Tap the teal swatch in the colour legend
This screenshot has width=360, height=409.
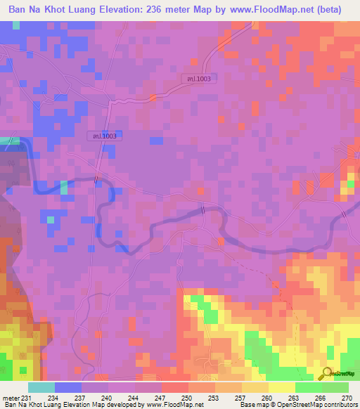(x=41, y=387)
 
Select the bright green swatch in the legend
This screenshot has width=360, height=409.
(x=308, y=387)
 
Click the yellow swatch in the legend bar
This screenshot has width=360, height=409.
(x=281, y=387)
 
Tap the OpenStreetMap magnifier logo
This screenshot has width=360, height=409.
(x=327, y=374)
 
